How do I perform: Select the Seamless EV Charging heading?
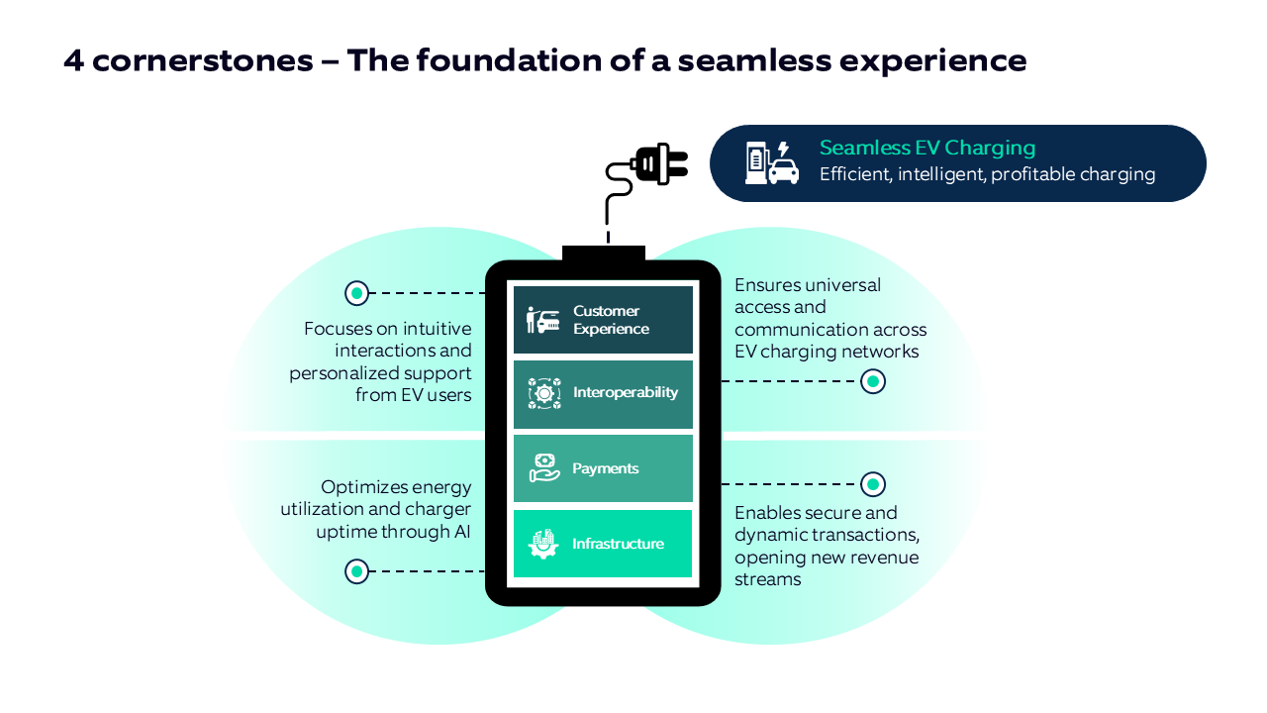pyautogui.click(x=926, y=149)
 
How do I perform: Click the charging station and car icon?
pyautogui.click(x=771, y=163)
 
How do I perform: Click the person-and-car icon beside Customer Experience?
pyautogui.click(x=543, y=320)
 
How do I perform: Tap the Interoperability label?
pyautogui.click(x=625, y=392)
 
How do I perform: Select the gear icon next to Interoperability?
pyautogui.click(x=543, y=393)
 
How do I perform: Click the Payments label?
pyautogui.click(x=605, y=468)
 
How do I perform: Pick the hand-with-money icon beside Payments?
pyautogui.click(x=543, y=467)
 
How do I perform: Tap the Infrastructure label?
pyautogui.click(x=618, y=544)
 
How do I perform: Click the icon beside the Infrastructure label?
pyautogui.click(x=543, y=544)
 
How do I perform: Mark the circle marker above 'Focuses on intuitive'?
pyautogui.click(x=356, y=293)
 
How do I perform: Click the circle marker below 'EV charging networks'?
pyautogui.click(x=872, y=381)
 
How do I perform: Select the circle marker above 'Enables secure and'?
pyautogui.click(x=872, y=484)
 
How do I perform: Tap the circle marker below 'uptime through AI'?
pyautogui.click(x=356, y=571)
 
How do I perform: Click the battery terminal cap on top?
pyautogui.click(x=603, y=254)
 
